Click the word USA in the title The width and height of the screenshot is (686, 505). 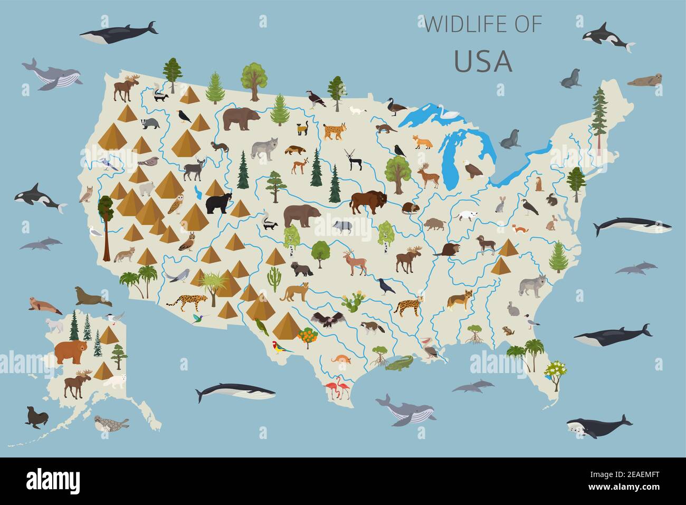483,61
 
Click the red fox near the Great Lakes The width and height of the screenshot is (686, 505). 421,142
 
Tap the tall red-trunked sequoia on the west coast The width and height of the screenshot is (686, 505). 106,227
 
